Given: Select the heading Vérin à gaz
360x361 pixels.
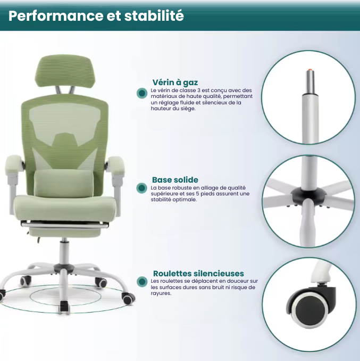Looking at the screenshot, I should pos(175,82).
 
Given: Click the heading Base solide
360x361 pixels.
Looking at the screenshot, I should pos(175,180).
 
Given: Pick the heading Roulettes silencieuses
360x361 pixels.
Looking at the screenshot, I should pos(198,274).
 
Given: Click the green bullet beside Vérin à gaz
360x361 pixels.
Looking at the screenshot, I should pos(141,93).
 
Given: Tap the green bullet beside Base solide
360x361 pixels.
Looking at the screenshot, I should pos(141,187).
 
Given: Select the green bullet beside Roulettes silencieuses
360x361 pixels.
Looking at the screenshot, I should pos(141,281).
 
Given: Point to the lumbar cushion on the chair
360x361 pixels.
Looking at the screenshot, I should pos(64,183).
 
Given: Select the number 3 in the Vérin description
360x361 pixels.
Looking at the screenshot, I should pos(197,90).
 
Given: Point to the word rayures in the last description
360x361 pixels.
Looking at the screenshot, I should pos(161,293).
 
